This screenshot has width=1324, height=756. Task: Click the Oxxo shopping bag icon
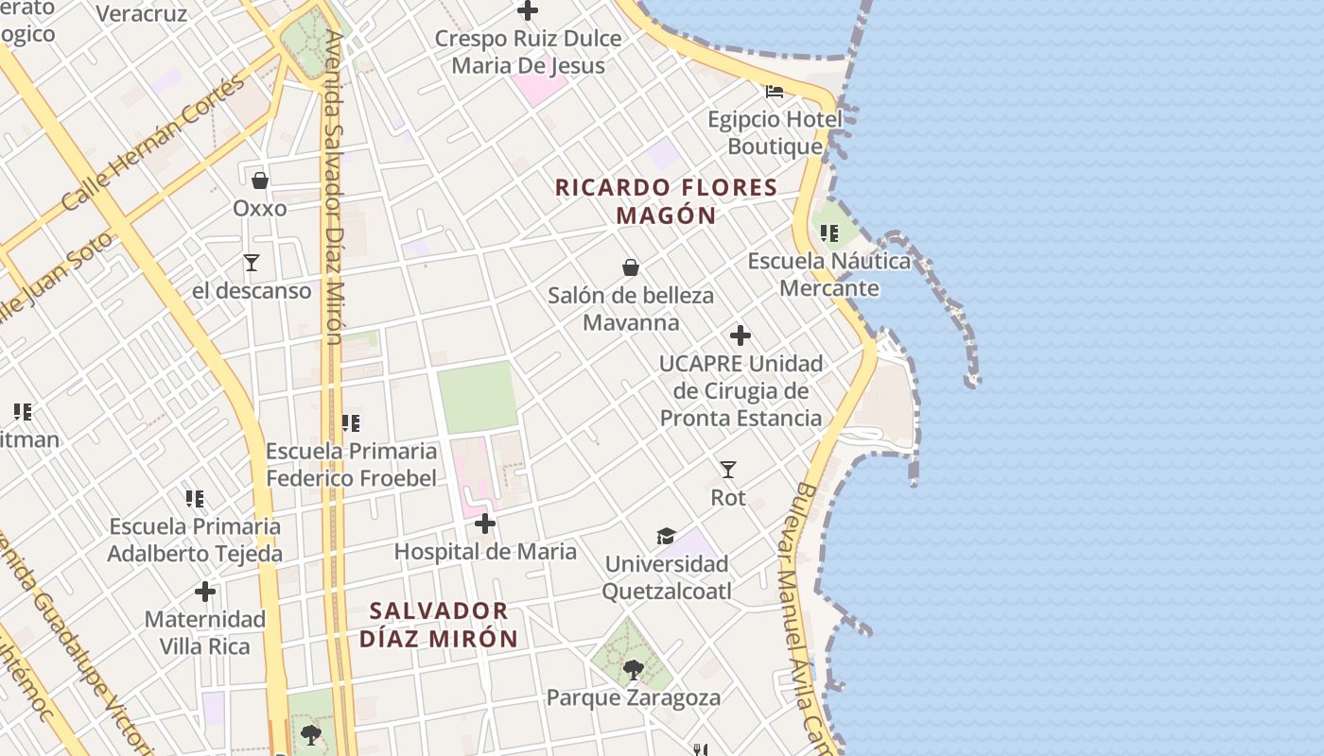click(x=260, y=180)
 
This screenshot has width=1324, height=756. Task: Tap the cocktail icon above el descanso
click(x=252, y=263)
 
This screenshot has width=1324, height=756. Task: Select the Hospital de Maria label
click(x=485, y=552)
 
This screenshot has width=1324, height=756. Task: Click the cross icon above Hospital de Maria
click(x=485, y=524)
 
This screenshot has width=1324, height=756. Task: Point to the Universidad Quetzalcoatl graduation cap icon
click(x=667, y=537)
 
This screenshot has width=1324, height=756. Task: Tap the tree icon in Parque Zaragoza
click(x=634, y=670)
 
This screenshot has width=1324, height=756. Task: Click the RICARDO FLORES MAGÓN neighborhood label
click(x=666, y=201)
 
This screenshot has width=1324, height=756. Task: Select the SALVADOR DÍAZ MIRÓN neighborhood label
click(x=439, y=625)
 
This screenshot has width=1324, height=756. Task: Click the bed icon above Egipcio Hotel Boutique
click(x=775, y=92)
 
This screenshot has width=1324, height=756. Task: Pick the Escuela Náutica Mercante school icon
click(x=829, y=232)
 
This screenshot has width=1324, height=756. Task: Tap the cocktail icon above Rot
click(x=728, y=470)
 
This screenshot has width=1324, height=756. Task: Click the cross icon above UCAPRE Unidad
click(x=740, y=335)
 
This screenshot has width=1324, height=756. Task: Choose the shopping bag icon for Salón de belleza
click(x=631, y=268)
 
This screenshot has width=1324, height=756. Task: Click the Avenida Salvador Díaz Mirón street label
click(x=334, y=189)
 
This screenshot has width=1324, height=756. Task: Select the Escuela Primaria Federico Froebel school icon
click(x=351, y=423)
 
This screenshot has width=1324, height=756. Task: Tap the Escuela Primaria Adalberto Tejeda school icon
click(x=195, y=498)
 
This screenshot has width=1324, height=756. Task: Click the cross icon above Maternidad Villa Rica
click(x=205, y=593)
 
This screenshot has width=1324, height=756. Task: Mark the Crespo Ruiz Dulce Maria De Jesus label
click(x=528, y=52)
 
